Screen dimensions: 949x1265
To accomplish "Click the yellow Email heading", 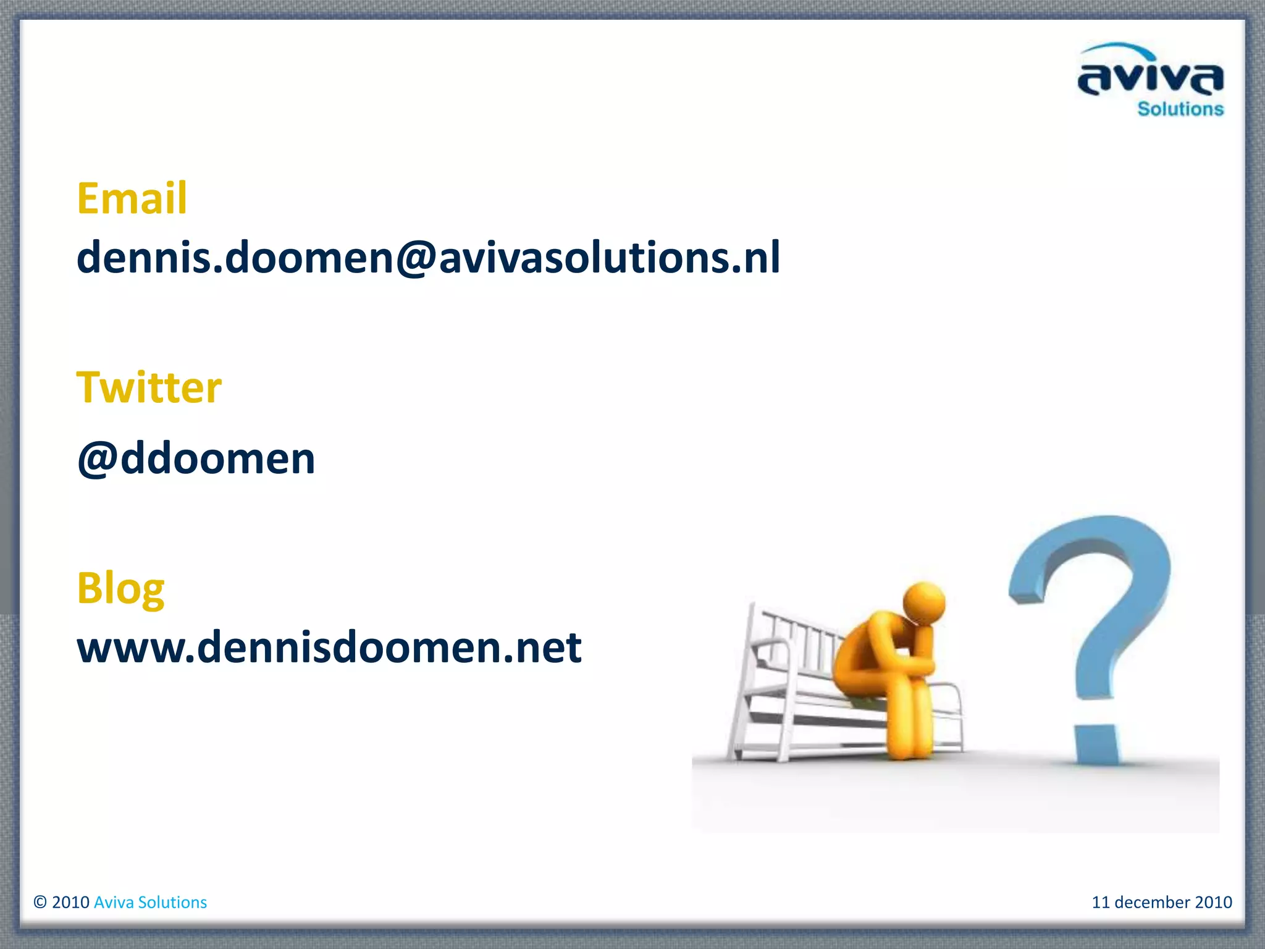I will [x=132, y=199].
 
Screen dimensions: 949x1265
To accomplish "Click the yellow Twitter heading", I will [x=149, y=388].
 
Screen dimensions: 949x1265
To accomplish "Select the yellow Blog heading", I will [x=120, y=588].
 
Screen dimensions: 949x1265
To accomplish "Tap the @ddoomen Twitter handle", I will [x=196, y=459].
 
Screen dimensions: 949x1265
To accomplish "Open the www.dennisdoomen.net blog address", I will [x=329, y=647].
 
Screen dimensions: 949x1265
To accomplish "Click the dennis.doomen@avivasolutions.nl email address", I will [x=428, y=257].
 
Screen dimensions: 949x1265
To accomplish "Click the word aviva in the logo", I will [x=1150, y=80].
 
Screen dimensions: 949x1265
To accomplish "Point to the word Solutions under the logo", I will [x=1180, y=109].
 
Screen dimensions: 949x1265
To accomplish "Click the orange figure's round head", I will [x=924, y=603].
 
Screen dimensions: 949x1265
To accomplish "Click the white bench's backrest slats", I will [x=803, y=643].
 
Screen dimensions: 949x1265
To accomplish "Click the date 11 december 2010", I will [x=1161, y=903].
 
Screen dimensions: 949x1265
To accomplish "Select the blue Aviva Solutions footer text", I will [x=150, y=903].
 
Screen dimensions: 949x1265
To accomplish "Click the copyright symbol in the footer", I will [x=40, y=903].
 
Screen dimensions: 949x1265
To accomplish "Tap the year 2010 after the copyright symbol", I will [x=71, y=903].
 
